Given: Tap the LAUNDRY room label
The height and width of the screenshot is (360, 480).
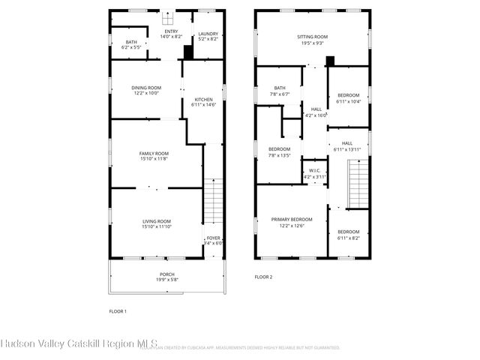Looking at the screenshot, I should pyautogui.click(x=207, y=33).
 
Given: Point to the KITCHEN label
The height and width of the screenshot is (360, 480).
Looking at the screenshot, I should pyautogui.click(x=203, y=100).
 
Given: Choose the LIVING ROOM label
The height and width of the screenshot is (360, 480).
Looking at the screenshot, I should pyautogui.click(x=157, y=220).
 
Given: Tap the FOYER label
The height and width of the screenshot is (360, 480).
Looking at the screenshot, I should pyautogui.click(x=214, y=238).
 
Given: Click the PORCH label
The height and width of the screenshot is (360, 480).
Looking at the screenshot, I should pyautogui.click(x=167, y=274).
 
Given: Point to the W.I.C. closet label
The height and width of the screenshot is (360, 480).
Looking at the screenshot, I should pyautogui.click(x=314, y=171).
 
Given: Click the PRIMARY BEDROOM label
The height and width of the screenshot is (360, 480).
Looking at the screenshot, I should pyautogui.click(x=292, y=219).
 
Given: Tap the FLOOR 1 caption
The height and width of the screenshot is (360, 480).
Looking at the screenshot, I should pyautogui.click(x=118, y=310).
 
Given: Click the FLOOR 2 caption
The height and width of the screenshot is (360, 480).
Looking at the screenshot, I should pyautogui.click(x=262, y=277).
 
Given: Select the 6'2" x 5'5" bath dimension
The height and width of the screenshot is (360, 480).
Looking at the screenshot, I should pyautogui.click(x=131, y=47).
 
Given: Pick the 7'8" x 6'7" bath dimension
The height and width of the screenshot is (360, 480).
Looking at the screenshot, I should pyautogui.click(x=280, y=94).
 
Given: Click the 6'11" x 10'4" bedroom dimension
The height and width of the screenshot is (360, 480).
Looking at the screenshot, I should pyautogui.click(x=348, y=101).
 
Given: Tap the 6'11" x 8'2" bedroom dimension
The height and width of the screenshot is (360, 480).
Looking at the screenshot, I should pyautogui.click(x=348, y=238).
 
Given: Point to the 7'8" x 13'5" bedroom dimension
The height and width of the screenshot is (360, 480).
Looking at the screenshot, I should pyautogui.click(x=280, y=155).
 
